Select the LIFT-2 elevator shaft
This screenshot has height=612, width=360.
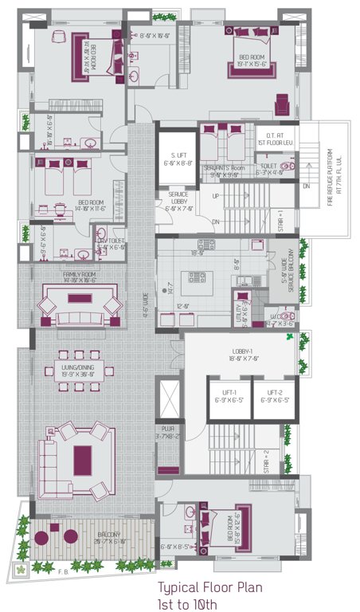coord(276,397)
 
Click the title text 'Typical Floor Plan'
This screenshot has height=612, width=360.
coord(209,588)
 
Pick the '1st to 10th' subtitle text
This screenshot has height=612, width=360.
coord(188,603)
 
